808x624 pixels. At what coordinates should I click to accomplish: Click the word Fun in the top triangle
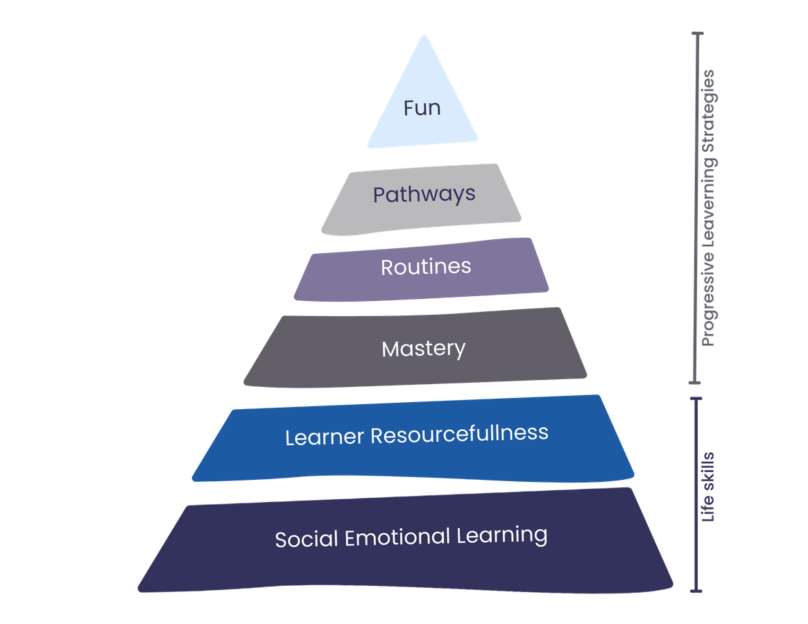[422, 109]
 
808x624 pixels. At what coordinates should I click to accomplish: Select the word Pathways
[424, 194]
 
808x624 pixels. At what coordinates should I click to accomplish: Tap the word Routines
[426, 267]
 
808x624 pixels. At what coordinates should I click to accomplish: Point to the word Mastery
[423, 348]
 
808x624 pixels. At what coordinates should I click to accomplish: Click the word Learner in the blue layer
[325, 437]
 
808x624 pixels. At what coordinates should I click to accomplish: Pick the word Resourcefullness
[459, 434]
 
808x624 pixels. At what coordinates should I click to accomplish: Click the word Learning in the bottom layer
[501, 535]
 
